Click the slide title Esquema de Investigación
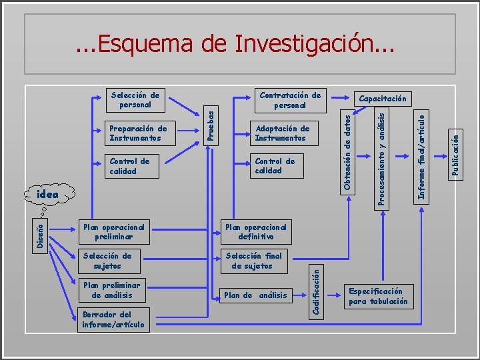coord(235,44)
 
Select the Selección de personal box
coord(135,99)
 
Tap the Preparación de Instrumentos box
coord(138,133)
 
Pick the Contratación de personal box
coord(290,100)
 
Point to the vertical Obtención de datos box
coord(348,149)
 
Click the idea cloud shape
coord(47,195)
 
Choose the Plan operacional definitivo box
coord(255,231)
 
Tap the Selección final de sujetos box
coord(253,261)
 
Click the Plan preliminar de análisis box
coord(113,290)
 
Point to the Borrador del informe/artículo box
coord(113,319)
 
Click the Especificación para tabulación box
coord(378,296)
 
